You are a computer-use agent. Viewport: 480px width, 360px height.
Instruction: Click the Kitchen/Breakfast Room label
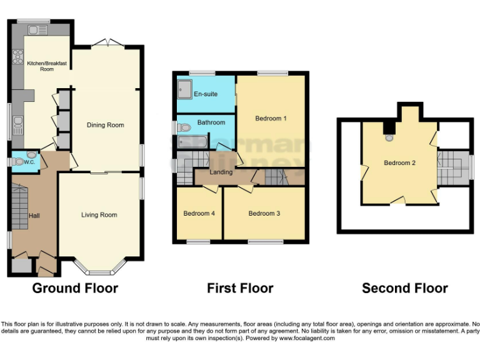(x=47, y=66)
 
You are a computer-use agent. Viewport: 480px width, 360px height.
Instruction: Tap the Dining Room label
(x=105, y=125)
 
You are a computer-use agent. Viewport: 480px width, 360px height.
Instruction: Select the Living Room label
(x=99, y=215)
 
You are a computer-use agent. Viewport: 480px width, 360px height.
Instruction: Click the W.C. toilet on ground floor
(x=19, y=162)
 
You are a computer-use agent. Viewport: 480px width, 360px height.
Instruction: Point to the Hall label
(x=34, y=216)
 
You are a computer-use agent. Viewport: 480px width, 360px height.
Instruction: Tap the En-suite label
(x=206, y=94)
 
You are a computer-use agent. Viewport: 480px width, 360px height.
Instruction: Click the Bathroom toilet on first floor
(x=183, y=127)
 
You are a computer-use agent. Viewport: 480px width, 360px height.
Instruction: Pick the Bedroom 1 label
(x=271, y=118)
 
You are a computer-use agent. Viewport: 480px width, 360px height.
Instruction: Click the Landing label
(x=221, y=172)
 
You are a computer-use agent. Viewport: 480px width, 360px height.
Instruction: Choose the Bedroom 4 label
(x=199, y=214)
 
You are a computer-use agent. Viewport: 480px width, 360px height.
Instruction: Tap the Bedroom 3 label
(x=264, y=214)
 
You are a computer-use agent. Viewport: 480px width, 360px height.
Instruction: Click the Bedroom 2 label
(x=400, y=163)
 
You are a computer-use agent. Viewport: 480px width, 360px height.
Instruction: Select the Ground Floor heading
(x=75, y=288)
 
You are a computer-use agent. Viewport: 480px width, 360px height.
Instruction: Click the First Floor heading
(x=240, y=288)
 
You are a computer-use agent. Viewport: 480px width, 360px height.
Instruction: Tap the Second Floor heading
(x=404, y=288)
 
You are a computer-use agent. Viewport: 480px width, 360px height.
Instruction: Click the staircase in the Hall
(x=20, y=207)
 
